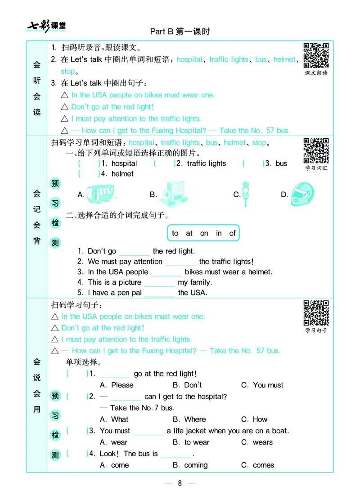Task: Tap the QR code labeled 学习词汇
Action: pyautogui.click(x=316, y=150)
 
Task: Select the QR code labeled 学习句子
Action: pyautogui.click(x=316, y=313)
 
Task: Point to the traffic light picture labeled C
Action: pyautogui.click(x=247, y=195)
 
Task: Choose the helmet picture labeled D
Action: pyautogui.click(x=302, y=194)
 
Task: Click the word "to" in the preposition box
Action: pyautogui.click(x=175, y=233)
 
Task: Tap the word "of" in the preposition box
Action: pyautogui.click(x=232, y=233)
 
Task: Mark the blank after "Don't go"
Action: pyautogui.click(x=134, y=252)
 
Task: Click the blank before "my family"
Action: pyautogui.click(x=159, y=283)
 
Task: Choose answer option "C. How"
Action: pyautogui.click(x=254, y=419)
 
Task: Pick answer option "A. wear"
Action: pyautogui.click(x=113, y=442)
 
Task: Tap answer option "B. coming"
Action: pyautogui.click(x=190, y=465)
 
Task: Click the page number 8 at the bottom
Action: pyautogui.click(x=180, y=483)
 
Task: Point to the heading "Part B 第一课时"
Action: pyautogui.click(x=180, y=32)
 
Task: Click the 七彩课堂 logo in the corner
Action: pyautogui.click(x=47, y=25)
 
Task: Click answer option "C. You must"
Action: pyautogui.click(x=262, y=385)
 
